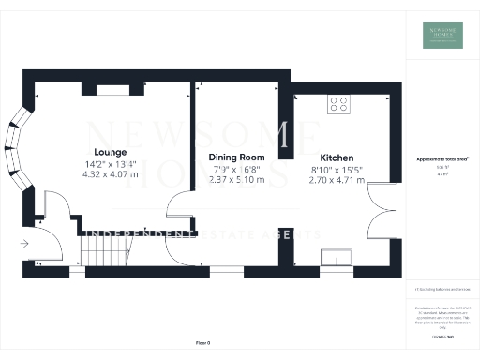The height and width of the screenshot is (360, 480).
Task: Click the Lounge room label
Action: point(111,153)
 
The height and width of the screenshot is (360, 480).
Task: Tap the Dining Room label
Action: point(236,157)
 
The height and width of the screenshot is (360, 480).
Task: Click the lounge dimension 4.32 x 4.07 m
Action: point(111,174)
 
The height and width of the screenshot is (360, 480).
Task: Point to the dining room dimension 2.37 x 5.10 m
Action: point(236,179)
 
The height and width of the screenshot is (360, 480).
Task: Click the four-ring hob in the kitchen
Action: point(338,105)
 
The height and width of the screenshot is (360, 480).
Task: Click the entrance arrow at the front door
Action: point(23,245)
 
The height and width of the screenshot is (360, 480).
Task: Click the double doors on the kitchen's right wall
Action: point(380,211)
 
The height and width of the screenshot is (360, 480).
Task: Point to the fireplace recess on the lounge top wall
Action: point(114,90)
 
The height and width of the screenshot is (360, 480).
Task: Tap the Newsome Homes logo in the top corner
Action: point(441,35)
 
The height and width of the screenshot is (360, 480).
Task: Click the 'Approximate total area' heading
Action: point(442,159)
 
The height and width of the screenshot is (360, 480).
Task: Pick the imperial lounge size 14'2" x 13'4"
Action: point(111,164)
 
